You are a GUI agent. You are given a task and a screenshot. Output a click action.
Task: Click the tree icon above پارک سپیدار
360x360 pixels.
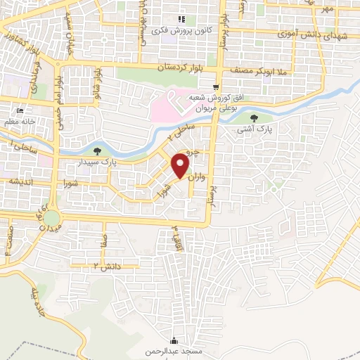pyautogui.click(x=97, y=150)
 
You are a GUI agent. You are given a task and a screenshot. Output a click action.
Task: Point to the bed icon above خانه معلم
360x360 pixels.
pyautogui.click(x=19, y=111)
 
